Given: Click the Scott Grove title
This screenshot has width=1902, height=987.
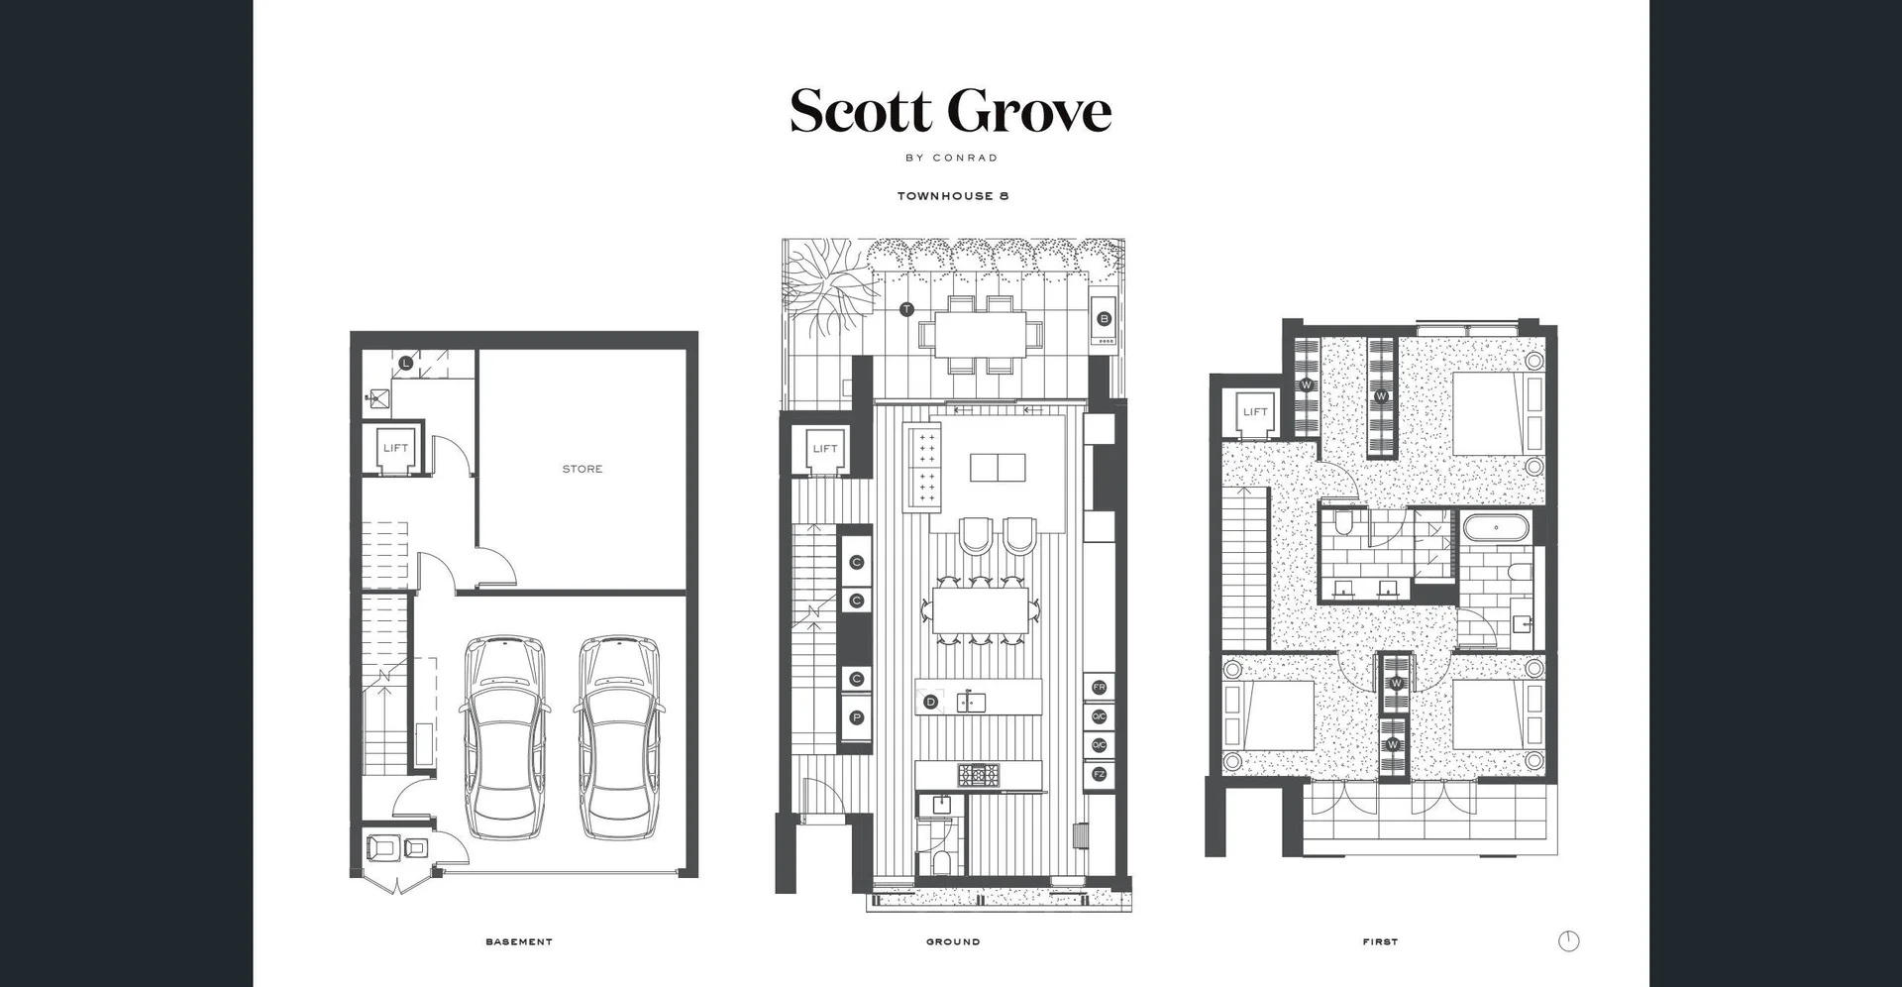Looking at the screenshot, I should coord(950,111).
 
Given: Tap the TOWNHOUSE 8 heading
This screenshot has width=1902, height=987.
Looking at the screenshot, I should coord(952,196).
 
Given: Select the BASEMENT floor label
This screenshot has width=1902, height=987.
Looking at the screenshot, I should coord(519,941).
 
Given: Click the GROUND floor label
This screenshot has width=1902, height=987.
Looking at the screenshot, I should coord(953,941).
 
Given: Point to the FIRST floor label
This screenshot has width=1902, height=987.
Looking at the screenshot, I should coord(1380,941).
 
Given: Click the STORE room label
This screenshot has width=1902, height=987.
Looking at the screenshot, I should coord(582,469).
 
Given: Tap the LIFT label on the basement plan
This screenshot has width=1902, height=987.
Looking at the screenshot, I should coord(395,448).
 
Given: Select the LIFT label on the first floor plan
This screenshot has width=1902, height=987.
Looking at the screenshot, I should coord(1255,412).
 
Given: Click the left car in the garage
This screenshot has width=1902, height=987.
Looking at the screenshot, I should coord(504,737).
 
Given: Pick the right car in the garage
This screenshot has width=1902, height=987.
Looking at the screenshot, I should coord(618,737).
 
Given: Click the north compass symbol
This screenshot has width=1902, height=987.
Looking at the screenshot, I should coord(1568,941).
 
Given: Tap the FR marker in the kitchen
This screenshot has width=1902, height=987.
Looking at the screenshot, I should coord(1099,687).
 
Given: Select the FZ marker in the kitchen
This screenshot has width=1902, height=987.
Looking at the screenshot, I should coord(1099,774).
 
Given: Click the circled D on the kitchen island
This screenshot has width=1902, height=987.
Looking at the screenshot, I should coord(930,702).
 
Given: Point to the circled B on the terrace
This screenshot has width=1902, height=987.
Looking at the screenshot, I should coord(1105,319).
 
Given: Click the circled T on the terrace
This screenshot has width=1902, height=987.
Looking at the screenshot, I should coord(906,309).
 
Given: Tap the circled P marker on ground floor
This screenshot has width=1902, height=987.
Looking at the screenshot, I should coord(857,717).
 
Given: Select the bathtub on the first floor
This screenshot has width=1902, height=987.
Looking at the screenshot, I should coord(1496,527).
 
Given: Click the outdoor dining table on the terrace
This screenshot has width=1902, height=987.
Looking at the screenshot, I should coord(980,335).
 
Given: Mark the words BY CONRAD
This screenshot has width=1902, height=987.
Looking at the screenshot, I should coord(951,158).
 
